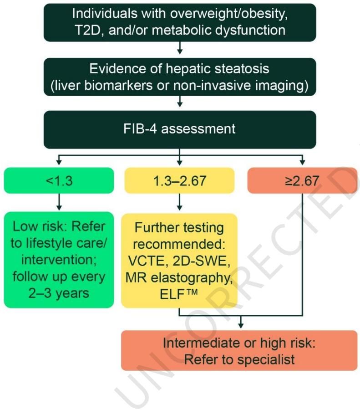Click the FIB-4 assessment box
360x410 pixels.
pos(180,129)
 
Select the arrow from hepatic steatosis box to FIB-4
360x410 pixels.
pos(180,102)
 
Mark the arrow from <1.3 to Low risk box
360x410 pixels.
pos(59,202)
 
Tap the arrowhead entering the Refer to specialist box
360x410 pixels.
pos(241,326)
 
